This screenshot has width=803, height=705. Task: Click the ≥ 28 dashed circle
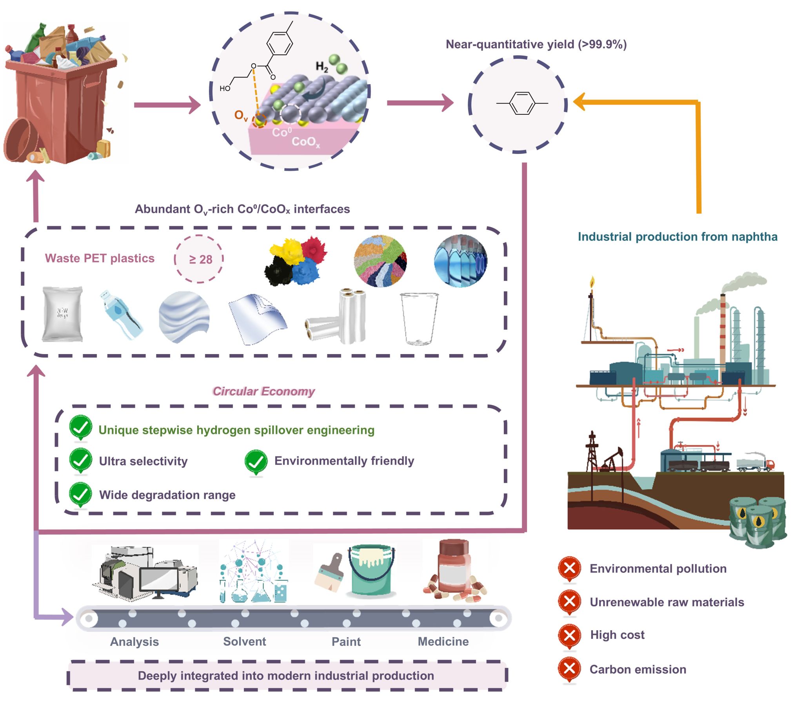[x=199, y=259]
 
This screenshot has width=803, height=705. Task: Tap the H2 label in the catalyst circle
[x=322, y=67]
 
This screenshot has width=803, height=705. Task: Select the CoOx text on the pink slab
[x=306, y=142]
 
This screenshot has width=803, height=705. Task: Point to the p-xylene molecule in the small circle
[x=522, y=103]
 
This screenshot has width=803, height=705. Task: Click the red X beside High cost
[x=569, y=635]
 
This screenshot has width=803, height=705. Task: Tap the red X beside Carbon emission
[x=569, y=668]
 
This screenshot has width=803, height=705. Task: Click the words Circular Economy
[x=263, y=391]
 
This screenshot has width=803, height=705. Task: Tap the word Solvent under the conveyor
[x=244, y=642]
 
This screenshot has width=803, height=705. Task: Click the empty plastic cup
[x=419, y=318]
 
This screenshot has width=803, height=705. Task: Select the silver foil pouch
[x=62, y=314]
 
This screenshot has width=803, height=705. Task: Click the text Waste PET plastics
[x=99, y=258]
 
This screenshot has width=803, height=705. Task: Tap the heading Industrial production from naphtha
[x=677, y=237]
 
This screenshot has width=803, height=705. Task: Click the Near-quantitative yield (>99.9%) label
[x=536, y=44]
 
